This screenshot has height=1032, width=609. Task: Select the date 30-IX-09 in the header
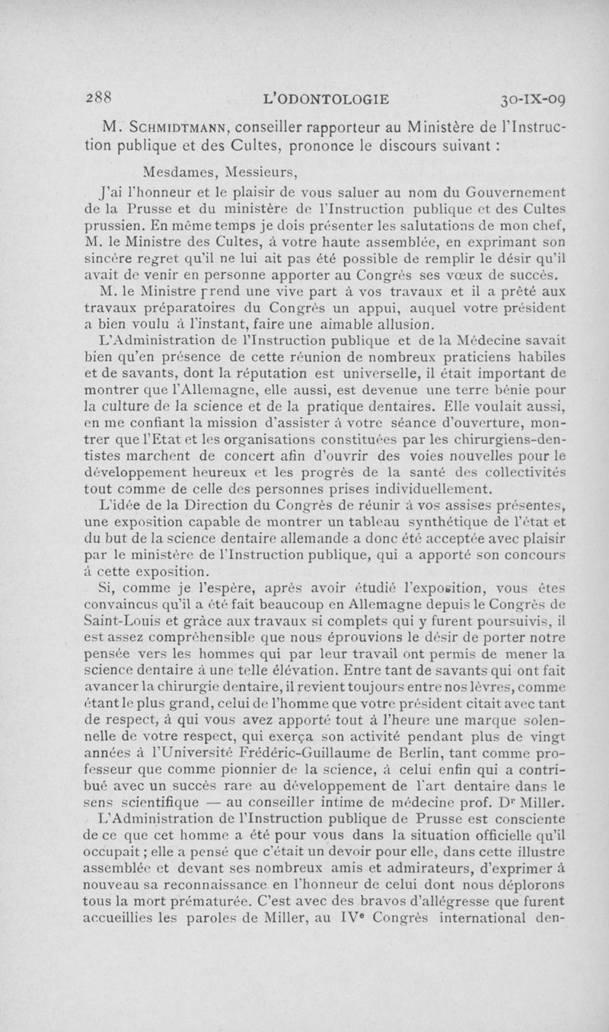[x=538, y=98]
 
